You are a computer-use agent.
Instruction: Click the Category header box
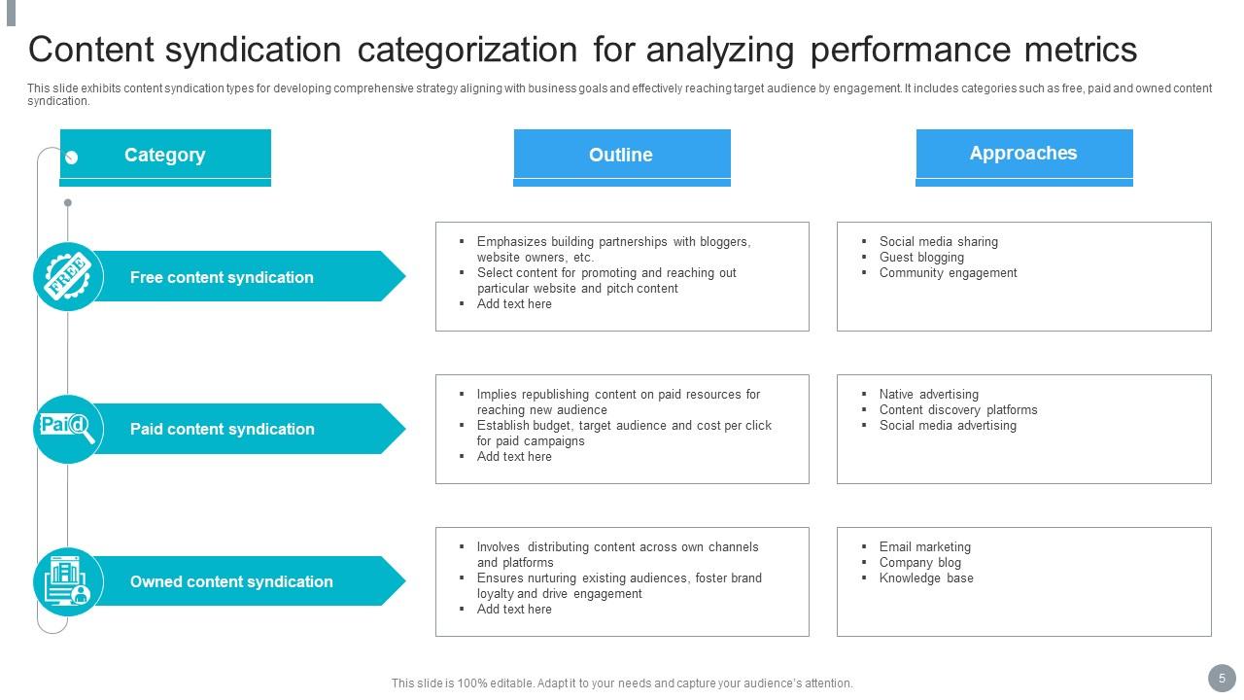click(x=165, y=156)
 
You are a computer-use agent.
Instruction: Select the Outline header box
click(x=621, y=156)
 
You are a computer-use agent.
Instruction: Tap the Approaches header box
click(x=1023, y=154)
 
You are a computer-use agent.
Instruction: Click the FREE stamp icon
click(x=68, y=276)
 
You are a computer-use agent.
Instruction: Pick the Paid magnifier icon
click(x=68, y=429)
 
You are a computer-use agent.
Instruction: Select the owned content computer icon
click(x=68, y=581)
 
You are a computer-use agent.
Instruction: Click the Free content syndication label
click(x=222, y=277)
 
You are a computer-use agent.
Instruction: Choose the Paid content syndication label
click(x=222, y=429)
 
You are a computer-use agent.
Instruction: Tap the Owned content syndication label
click(x=231, y=581)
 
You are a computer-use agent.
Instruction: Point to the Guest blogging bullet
click(x=921, y=258)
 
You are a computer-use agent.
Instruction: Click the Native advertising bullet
click(x=928, y=395)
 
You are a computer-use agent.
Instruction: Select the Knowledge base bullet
click(x=926, y=578)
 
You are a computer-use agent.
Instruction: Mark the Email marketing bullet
click(x=924, y=547)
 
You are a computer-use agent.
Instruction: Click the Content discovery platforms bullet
click(x=957, y=410)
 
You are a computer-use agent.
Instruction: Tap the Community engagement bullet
click(x=948, y=273)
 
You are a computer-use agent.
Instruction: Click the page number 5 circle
click(x=1222, y=679)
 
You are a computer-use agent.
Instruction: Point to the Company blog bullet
click(x=919, y=563)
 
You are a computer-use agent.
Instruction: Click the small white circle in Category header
click(x=71, y=157)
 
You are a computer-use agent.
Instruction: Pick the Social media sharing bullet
click(x=938, y=242)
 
